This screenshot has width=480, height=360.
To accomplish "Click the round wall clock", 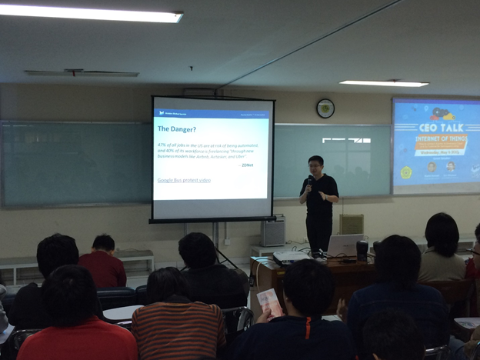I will [x=325, y=108].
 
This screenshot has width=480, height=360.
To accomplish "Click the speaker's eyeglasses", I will [x=315, y=165].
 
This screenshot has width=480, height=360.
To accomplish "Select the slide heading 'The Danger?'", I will [x=177, y=129].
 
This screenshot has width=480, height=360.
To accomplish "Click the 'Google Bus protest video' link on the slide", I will [x=184, y=180].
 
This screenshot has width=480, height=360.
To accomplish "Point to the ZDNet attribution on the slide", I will [x=247, y=165].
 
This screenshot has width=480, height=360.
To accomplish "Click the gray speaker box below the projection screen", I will [x=272, y=231].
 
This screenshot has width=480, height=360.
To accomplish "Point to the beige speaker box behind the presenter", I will [x=352, y=224].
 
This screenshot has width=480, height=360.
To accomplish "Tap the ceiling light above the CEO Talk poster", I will [x=384, y=83].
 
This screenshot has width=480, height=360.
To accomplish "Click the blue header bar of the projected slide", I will [x=212, y=113].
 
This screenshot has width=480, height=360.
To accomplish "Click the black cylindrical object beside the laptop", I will [x=362, y=250].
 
